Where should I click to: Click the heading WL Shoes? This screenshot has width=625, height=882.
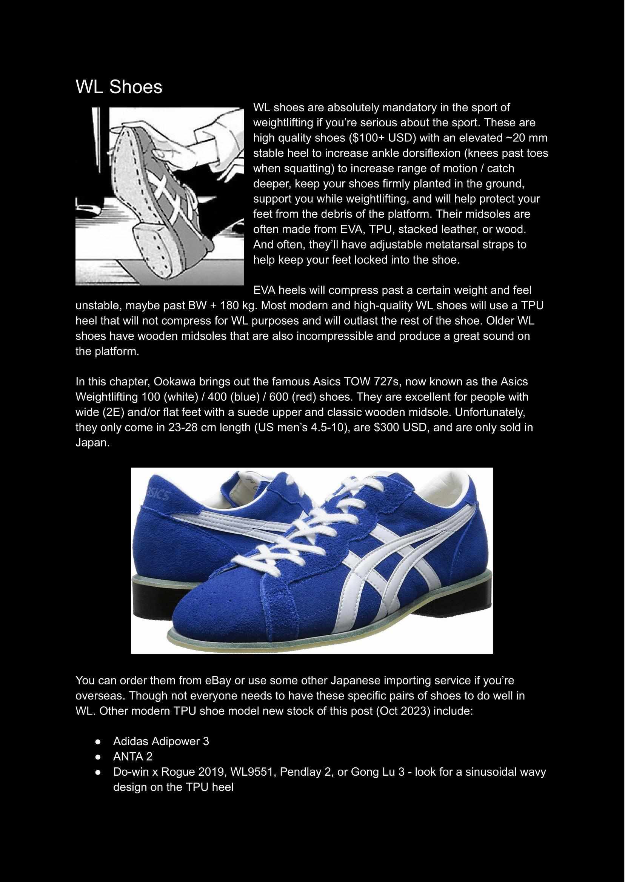pos(119,87)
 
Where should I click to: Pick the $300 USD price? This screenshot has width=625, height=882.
pos(399,427)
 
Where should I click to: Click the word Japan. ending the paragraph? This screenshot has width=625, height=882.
pos(93,443)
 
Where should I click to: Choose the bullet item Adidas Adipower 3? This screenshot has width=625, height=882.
pos(161,741)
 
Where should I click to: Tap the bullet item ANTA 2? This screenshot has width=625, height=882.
pos(133,757)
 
